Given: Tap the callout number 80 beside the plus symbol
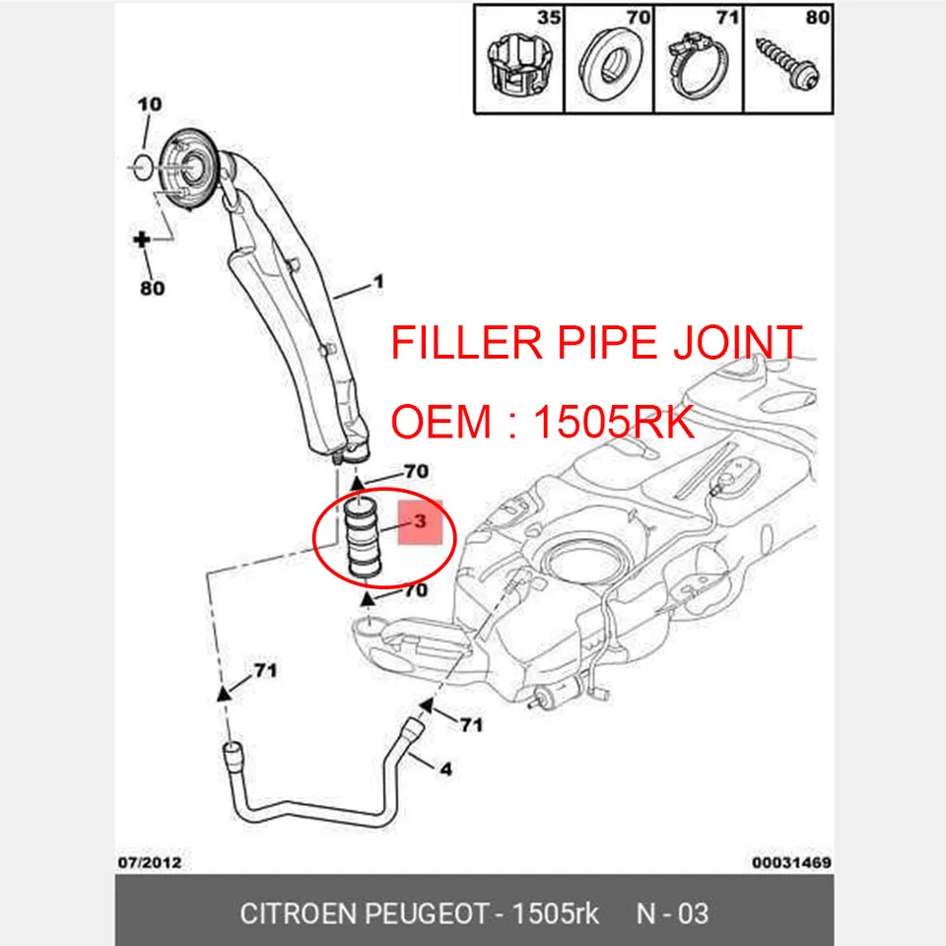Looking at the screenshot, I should tap(152, 289).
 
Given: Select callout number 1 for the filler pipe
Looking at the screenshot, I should tap(376, 283).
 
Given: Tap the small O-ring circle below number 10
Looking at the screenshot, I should tap(141, 164).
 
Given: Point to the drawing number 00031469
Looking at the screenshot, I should tap(791, 862).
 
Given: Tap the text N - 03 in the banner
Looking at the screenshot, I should tap(672, 913).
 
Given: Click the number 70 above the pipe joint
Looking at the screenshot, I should tap(415, 471).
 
